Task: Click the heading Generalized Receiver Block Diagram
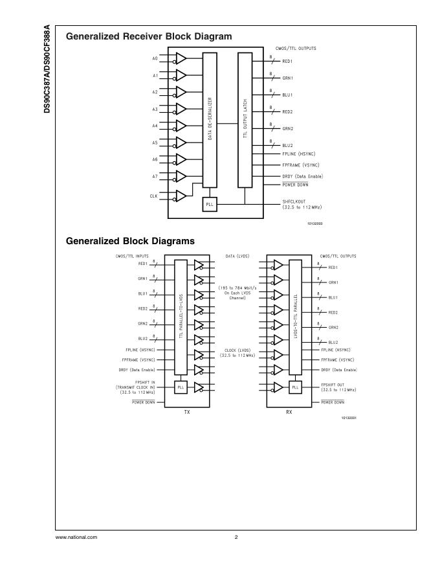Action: tap(149, 37)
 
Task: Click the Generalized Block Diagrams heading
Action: tap(130, 241)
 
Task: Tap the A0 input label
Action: tap(155, 59)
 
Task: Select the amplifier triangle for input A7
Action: tap(181, 176)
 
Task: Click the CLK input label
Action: tap(154, 196)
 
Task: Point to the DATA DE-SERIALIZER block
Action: tap(210, 119)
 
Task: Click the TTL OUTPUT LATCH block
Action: tap(245, 119)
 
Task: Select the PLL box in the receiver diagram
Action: tap(209, 204)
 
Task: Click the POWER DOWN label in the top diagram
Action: tap(295, 185)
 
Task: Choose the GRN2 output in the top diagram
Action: tap(288, 129)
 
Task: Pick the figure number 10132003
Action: tap(314, 223)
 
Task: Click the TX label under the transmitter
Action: tap(187, 411)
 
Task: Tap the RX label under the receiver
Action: tap(289, 411)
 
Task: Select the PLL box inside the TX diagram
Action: tap(181, 387)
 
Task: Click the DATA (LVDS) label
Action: tap(237, 256)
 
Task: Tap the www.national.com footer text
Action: tap(76, 537)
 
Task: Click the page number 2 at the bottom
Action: tap(236, 537)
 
